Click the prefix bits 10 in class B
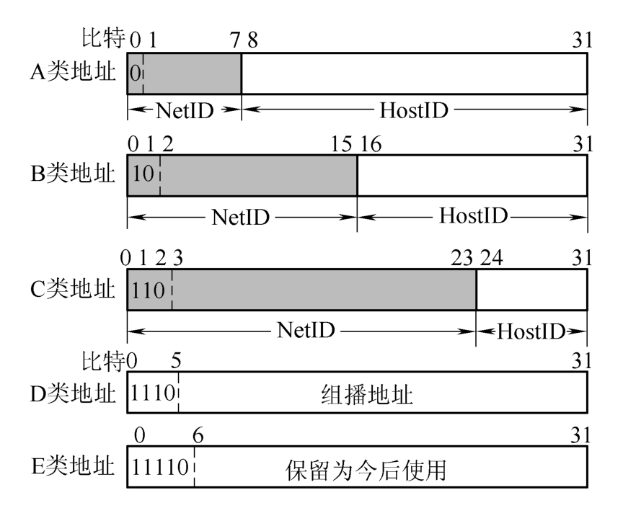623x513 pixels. click(x=143, y=175)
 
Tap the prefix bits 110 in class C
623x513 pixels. click(x=149, y=291)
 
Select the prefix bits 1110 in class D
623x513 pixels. click(x=152, y=393)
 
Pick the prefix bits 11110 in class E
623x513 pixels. click(x=160, y=468)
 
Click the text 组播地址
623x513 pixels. click(x=366, y=395)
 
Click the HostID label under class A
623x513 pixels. click(x=414, y=110)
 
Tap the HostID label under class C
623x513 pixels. click(x=531, y=331)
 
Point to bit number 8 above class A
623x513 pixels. click(x=252, y=41)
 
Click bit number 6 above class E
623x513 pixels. click(x=195, y=435)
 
